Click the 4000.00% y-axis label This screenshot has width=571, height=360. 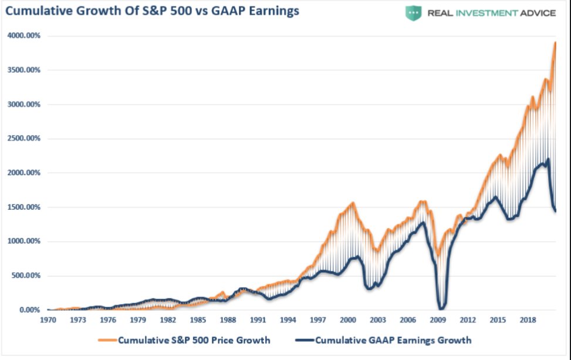[23, 36]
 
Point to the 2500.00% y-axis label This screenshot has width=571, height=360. [23, 139]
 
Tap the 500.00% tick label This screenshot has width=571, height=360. [25, 275]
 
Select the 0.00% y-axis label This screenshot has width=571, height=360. [29, 309]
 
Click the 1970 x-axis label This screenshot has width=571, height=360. [48, 320]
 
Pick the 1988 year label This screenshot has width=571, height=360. [228, 320]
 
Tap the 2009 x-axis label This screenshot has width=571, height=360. [438, 320]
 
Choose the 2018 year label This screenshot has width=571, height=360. [528, 320]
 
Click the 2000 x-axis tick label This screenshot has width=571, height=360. [348, 320]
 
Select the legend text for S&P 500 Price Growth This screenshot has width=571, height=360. [194, 340]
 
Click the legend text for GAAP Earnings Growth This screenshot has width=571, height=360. [393, 340]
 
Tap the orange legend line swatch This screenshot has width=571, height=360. [107, 340]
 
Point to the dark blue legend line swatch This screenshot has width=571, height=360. [305, 340]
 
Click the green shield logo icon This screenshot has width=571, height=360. [413, 13]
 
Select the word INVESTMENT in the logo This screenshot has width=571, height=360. [487, 14]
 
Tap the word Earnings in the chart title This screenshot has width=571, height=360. [274, 11]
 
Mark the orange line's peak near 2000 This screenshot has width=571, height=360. [353, 203]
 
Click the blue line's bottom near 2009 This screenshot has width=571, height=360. [441, 308]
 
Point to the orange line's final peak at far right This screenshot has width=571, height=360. [555, 43]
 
